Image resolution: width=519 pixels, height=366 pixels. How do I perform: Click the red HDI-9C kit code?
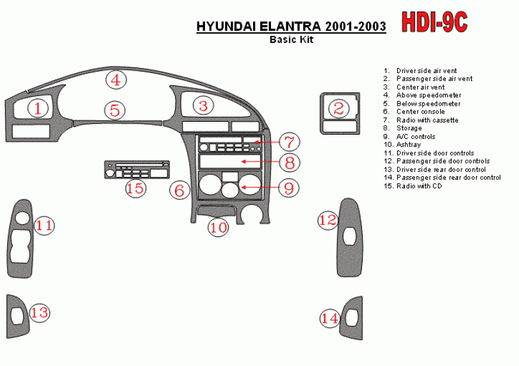pos(434,22)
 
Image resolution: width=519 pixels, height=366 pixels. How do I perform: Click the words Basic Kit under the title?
pos(292,39)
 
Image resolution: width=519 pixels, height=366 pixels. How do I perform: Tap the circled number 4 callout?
pos(116,80)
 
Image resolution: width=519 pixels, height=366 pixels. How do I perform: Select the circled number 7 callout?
pos(289,142)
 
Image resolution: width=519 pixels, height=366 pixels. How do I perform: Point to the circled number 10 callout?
pos(218,227)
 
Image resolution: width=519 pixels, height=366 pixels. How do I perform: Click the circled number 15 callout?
pos(136,188)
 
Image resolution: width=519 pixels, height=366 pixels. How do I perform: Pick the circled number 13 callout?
pos(40,312)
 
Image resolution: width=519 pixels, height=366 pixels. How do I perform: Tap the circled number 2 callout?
pos(339,108)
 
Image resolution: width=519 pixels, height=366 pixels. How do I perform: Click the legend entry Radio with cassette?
pos(427,120)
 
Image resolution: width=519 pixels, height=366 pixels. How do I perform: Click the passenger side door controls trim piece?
pos(350,238)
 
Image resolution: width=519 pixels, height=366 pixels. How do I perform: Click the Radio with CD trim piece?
pos(137,170)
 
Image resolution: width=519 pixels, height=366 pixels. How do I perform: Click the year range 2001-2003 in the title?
pos(355,26)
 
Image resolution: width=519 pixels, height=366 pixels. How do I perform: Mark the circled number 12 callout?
pos(328,220)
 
